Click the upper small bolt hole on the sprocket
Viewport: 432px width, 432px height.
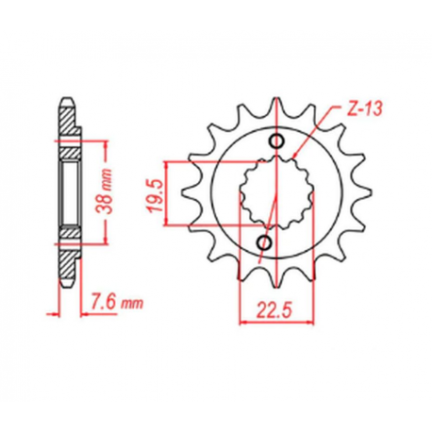tap(276, 141)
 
